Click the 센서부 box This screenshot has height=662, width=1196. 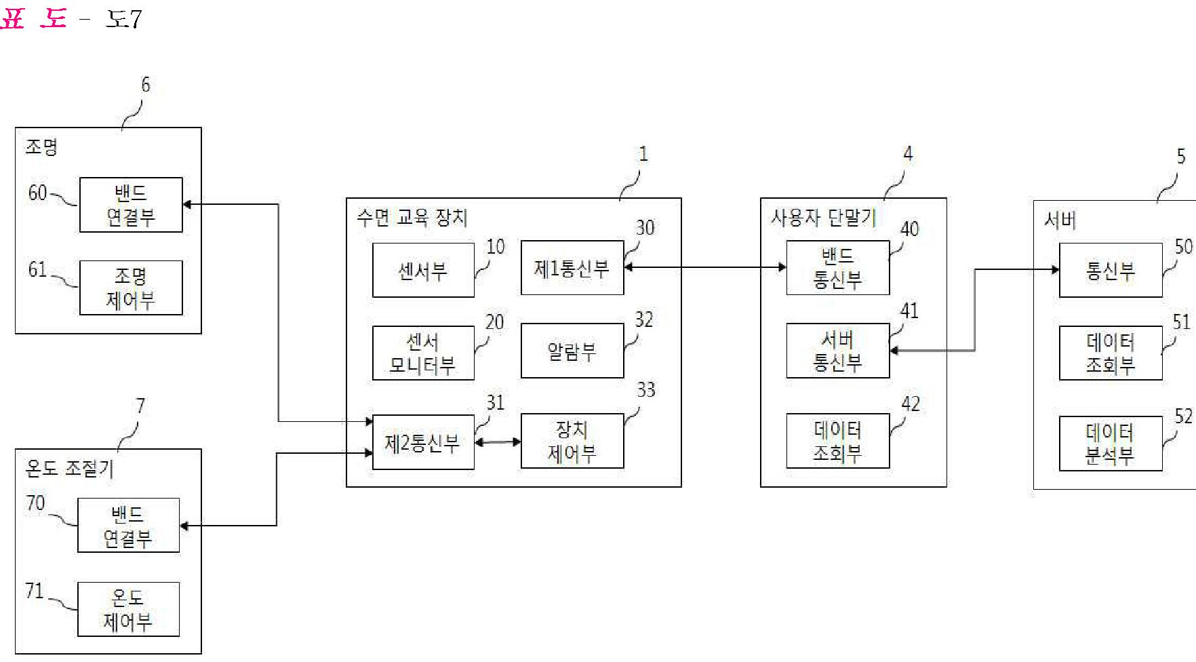pyautogui.click(x=423, y=270)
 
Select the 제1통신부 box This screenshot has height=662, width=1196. pyautogui.click(x=572, y=268)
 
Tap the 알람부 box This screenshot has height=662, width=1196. pyautogui.click(x=572, y=351)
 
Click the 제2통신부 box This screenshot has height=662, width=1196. pyautogui.click(x=423, y=442)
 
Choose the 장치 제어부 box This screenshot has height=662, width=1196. pyautogui.click(x=572, y=441)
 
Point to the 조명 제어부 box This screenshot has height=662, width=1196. pyautogui.click(x=131, y=288)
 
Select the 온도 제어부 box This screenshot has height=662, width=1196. pyautogui.click(x=128, y=609)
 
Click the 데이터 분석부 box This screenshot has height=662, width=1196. pyautogui.click(x=1110, y=444)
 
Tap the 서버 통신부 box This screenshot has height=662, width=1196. pyautogui.click(x=837, y=351)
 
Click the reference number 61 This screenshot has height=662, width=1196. pyautogui.click(x=37, y=270)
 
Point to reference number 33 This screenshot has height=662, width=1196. pyautogui.click(x=645, y=390)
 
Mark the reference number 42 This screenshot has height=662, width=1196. pyautogui.click(x=910, y=404)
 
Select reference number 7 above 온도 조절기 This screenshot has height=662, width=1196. pyautogui.click(x=140, y=406)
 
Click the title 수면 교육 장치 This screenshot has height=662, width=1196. pyautogui.click(x=412, y=218)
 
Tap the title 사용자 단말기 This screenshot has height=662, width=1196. pyautogui.click(x=823, y=218)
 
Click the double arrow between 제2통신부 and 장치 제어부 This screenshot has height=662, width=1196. pyautogui.click(x=498, y=442)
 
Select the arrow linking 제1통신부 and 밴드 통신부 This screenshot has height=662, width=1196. pyautogui.click(x=705, y=267)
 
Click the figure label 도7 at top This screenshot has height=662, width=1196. pyautogui.click(x=123, y=19)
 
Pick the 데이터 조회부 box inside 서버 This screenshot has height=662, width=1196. pyautogui.click(x=1110, y=353)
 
